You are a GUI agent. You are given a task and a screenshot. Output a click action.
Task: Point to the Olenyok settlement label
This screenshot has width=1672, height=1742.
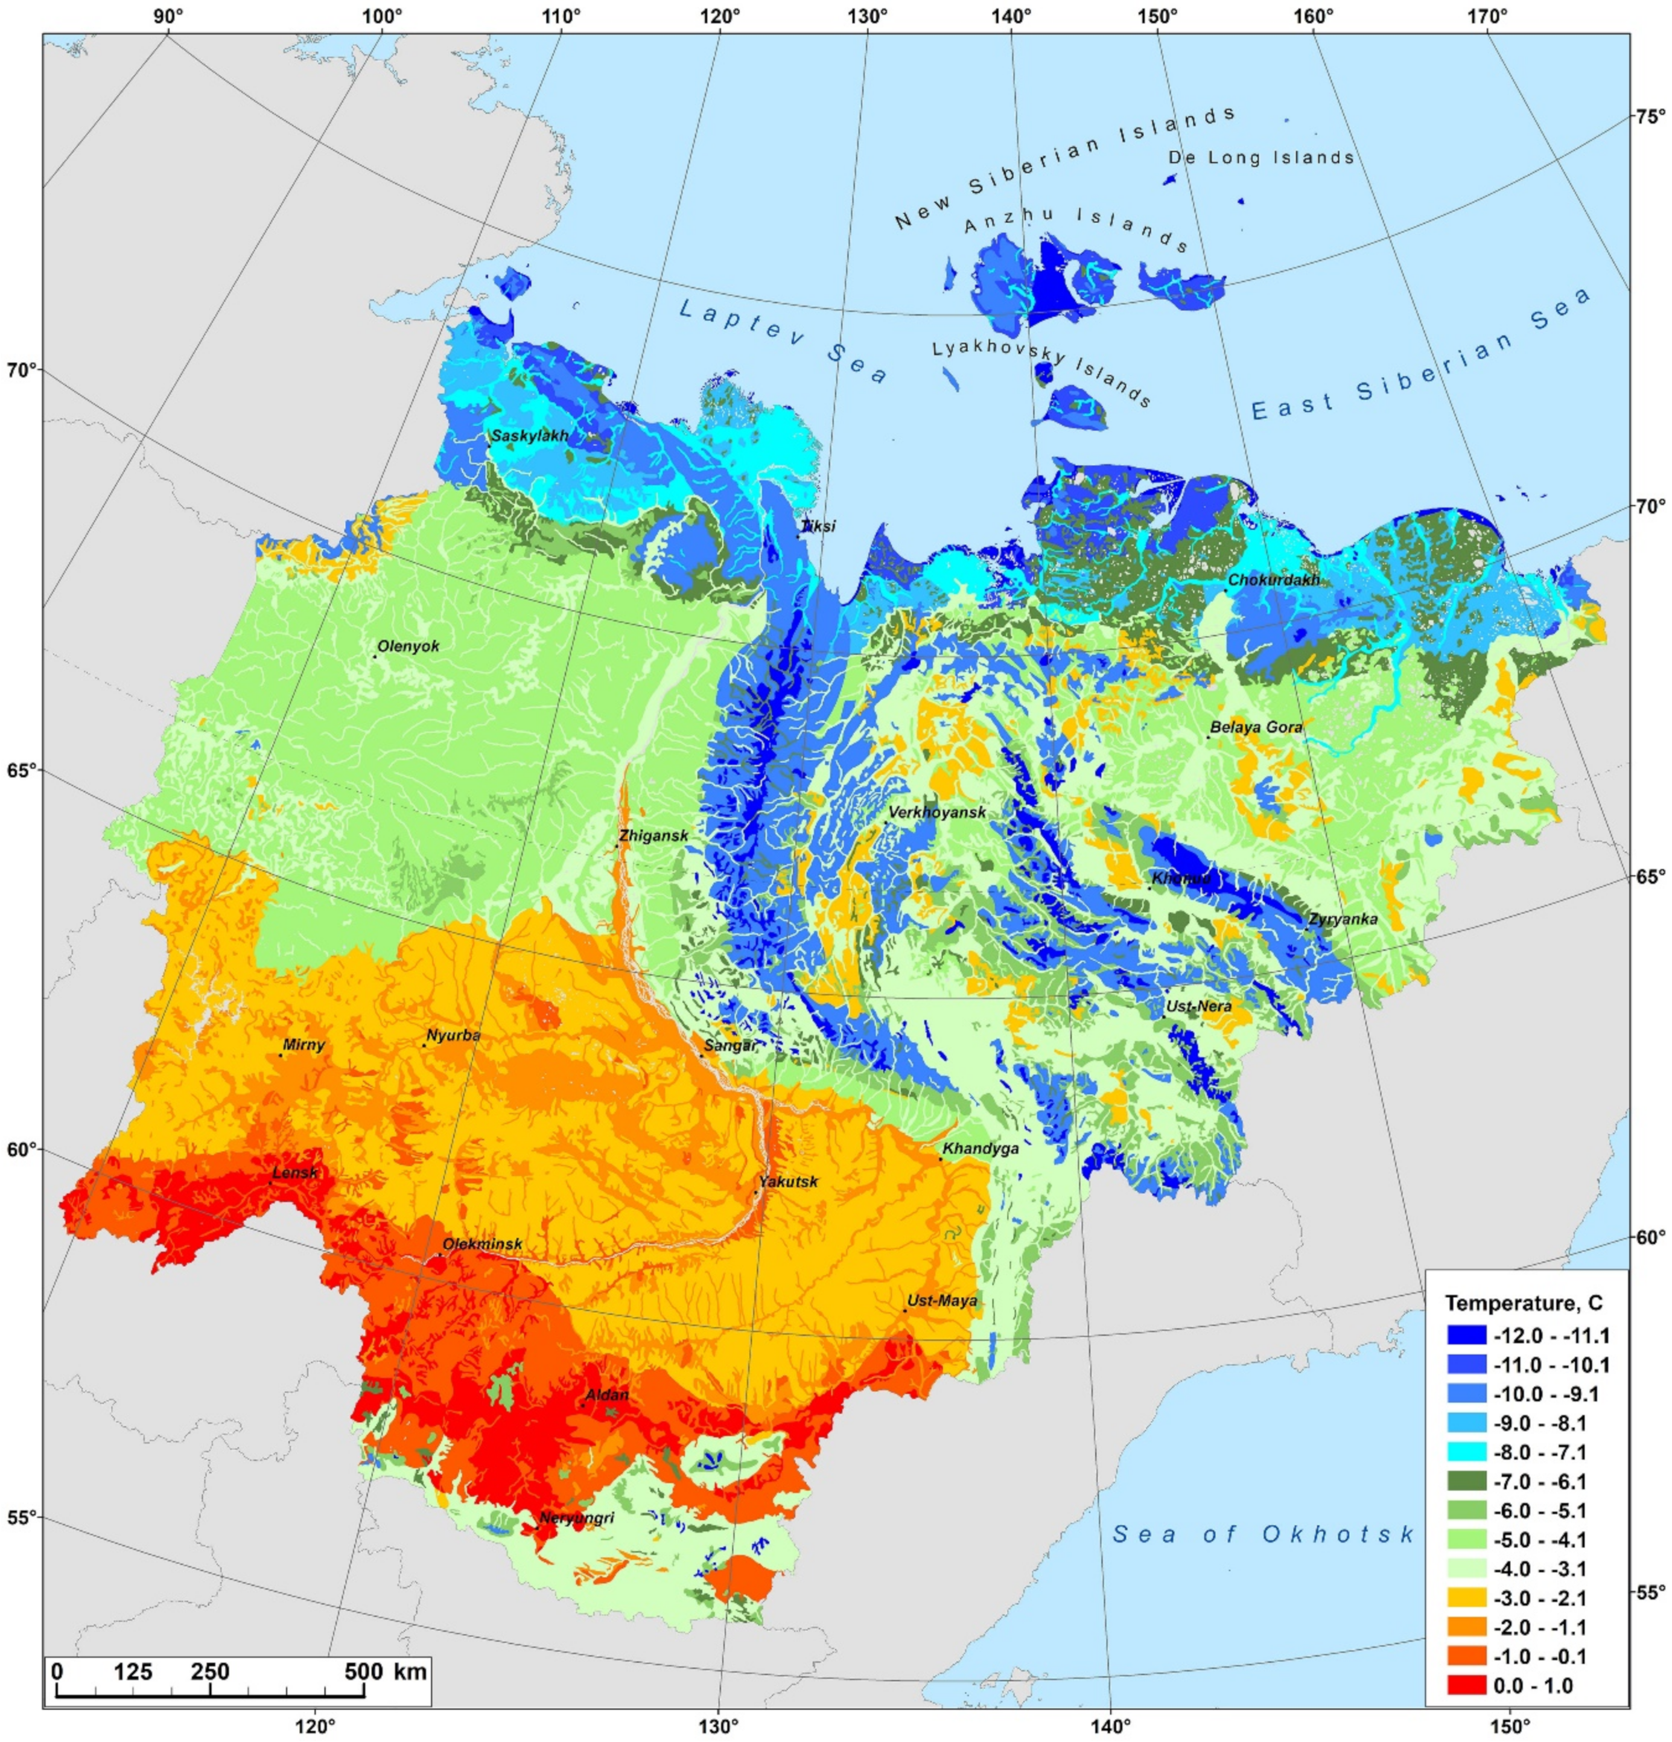(x=408, y=646)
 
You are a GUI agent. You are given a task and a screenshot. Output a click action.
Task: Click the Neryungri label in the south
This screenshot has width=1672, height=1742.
(x=577, y=1519)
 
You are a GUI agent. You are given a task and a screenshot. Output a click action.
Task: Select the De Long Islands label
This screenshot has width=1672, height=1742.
(x=1260, y=158)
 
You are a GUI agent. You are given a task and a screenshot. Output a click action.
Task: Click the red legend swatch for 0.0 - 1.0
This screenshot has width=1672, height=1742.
(x=1466, y=1686)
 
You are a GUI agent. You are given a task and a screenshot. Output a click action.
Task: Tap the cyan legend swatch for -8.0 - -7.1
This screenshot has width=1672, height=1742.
(x=1466, y=1453)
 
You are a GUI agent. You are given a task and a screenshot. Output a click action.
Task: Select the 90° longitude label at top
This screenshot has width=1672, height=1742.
(x=167, y=17)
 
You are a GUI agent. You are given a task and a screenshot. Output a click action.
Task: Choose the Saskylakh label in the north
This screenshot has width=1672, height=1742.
(x=530, y=436)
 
